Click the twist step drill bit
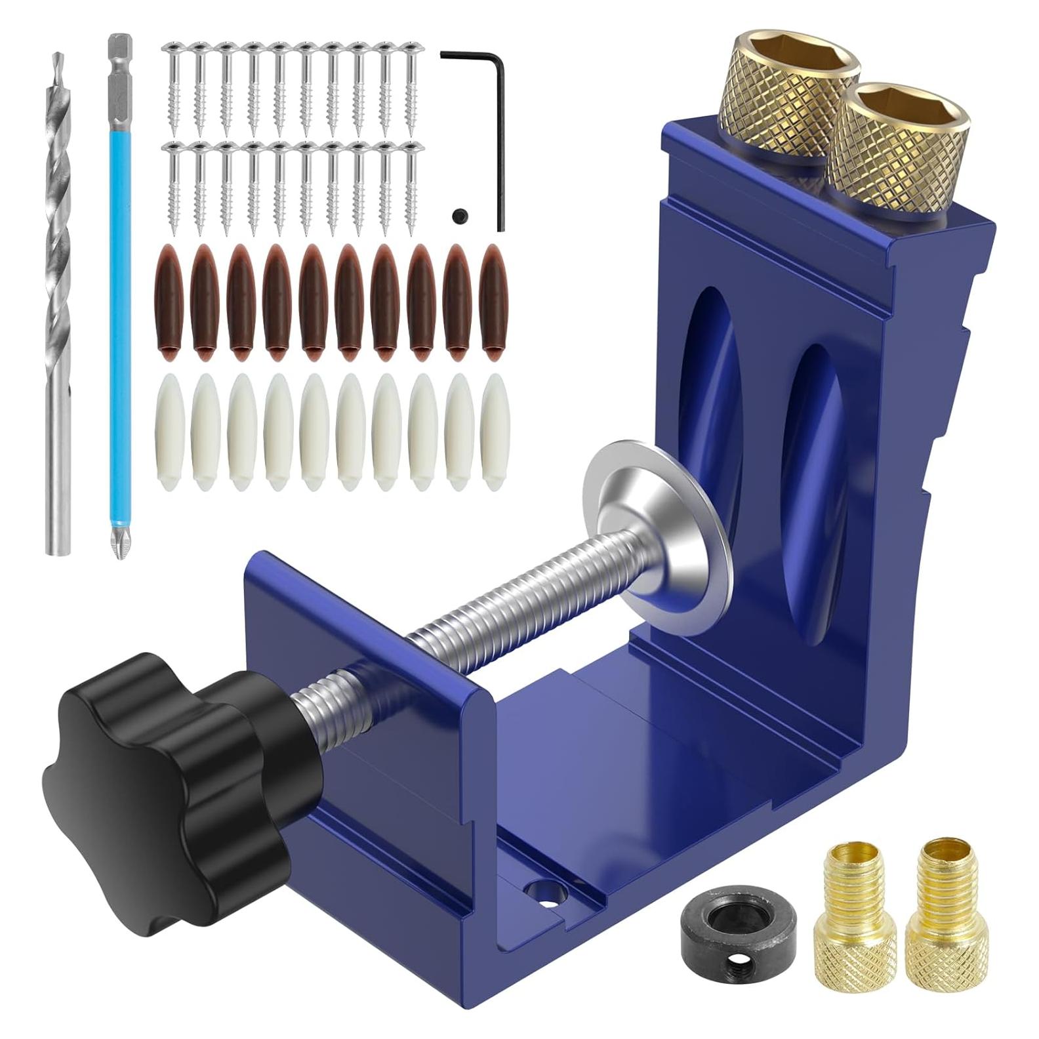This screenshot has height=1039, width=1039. tap(58, 302)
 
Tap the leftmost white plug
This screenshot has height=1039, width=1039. tap(169, 433)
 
